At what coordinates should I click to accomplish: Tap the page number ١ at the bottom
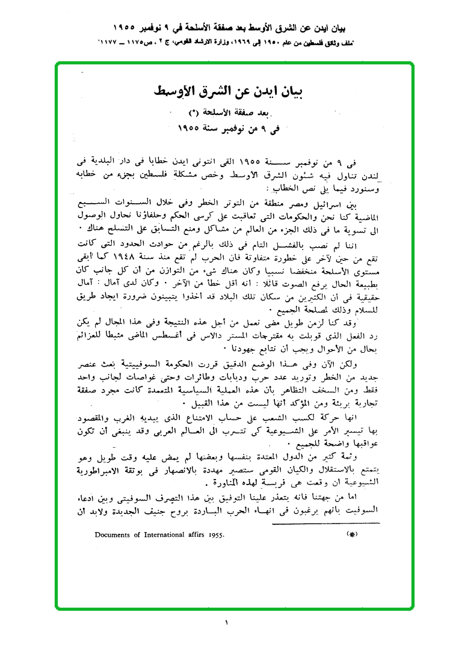(x=227, y=623)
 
